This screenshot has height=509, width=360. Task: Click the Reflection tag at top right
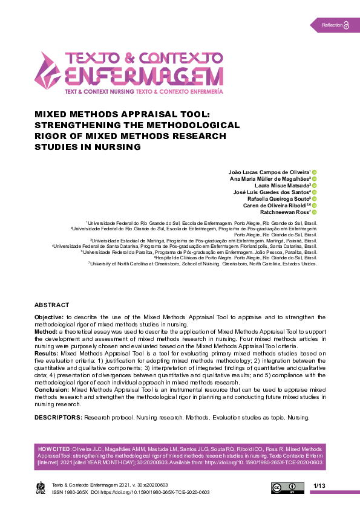(332, 25)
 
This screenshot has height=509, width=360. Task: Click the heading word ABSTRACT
(51, 305)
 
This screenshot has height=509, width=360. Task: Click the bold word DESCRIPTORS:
(58, 418)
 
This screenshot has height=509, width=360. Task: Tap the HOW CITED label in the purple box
(54, 450)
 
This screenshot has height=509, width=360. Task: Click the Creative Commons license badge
(287, 488)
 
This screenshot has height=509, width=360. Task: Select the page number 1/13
(319, 486)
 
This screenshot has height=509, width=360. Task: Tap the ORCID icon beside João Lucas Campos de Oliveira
(315, 172)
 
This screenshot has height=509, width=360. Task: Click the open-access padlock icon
(347, 25)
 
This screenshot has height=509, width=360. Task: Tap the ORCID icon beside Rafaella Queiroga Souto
(315, 199)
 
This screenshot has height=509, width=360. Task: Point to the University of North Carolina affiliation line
(203, 264)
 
